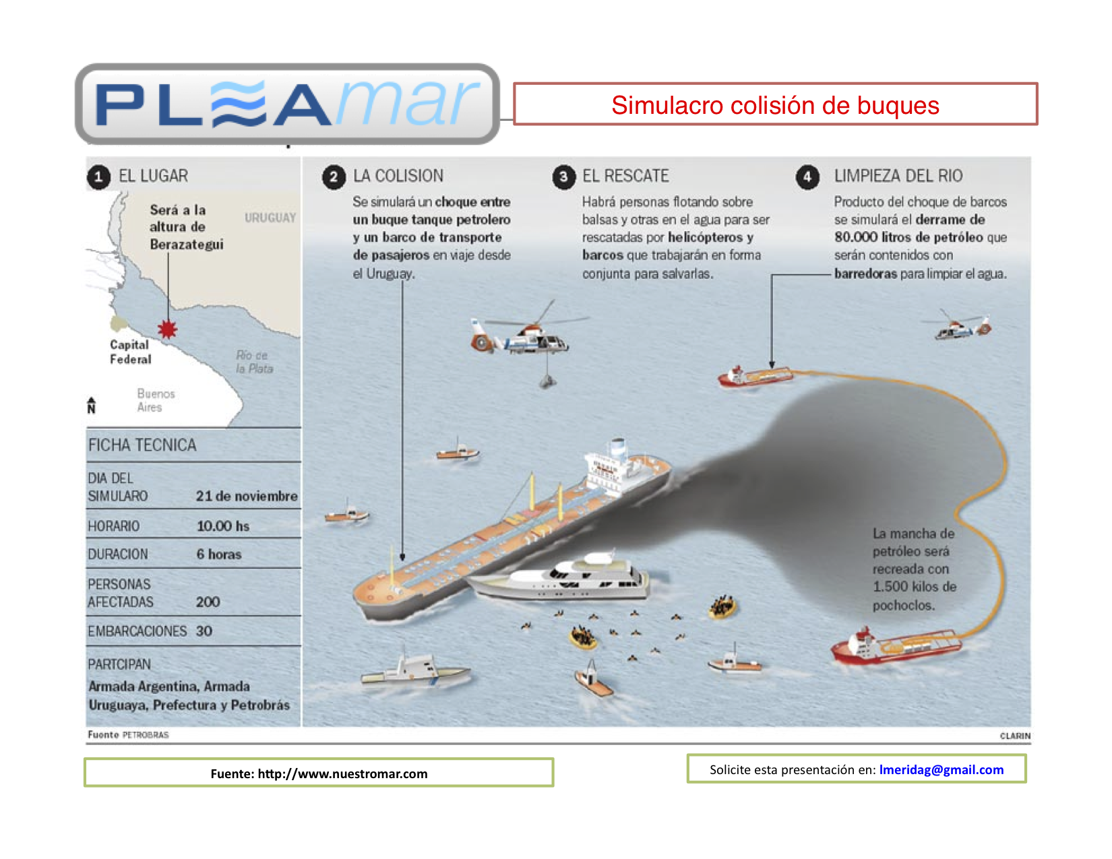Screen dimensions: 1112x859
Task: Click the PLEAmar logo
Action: click(287, 104)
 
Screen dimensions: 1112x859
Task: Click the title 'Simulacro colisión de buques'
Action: click(775, 105)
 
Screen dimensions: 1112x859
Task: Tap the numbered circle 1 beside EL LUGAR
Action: click(98, 177)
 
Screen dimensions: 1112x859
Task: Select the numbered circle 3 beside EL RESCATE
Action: click(563, 177)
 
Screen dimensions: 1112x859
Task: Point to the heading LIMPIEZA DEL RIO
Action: click(898, 176)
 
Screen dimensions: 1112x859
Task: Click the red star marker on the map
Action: click(167, 329)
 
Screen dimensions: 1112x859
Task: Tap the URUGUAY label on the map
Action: click(270, 218)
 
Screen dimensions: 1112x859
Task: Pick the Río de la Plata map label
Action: click(254, 362)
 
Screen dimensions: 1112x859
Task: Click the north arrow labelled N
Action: click(91, 405)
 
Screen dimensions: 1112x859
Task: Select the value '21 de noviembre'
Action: click(246, 496)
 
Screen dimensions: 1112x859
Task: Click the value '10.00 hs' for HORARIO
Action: click(222, 526)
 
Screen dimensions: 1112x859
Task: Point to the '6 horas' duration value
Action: click(218, 554)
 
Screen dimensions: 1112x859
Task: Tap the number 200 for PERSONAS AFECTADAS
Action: click(208, 602)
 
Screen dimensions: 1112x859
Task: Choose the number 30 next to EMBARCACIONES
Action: click(204, 631)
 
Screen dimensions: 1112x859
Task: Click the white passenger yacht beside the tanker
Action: click(559, 577)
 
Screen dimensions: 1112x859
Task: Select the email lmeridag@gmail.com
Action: click(941, 769)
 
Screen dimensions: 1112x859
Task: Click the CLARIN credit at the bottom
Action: click(1014, 736)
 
